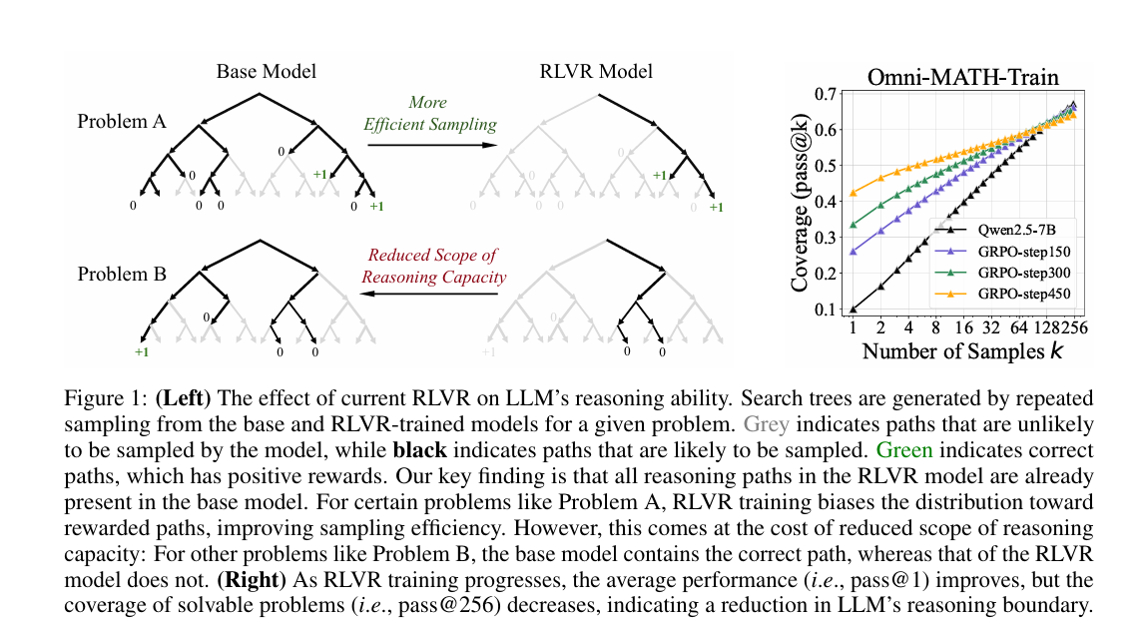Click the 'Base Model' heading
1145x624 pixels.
(x=267, y=71)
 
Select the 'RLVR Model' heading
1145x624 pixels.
(x=596, y=71)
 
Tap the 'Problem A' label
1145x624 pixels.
(x=122, y=122)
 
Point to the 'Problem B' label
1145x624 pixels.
(x=122, y=273)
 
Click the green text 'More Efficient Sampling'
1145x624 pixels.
(x=427, y=114)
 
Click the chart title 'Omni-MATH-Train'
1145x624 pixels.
(x=962, y=77)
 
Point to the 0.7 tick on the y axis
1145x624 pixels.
(x=825, y=95)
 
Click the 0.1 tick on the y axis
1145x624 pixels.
(x=825, y=310)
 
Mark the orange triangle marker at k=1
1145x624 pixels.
(x=854, y=193)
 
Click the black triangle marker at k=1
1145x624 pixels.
(x=854, y=310)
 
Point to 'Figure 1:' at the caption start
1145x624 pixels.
(x=107, y=397)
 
